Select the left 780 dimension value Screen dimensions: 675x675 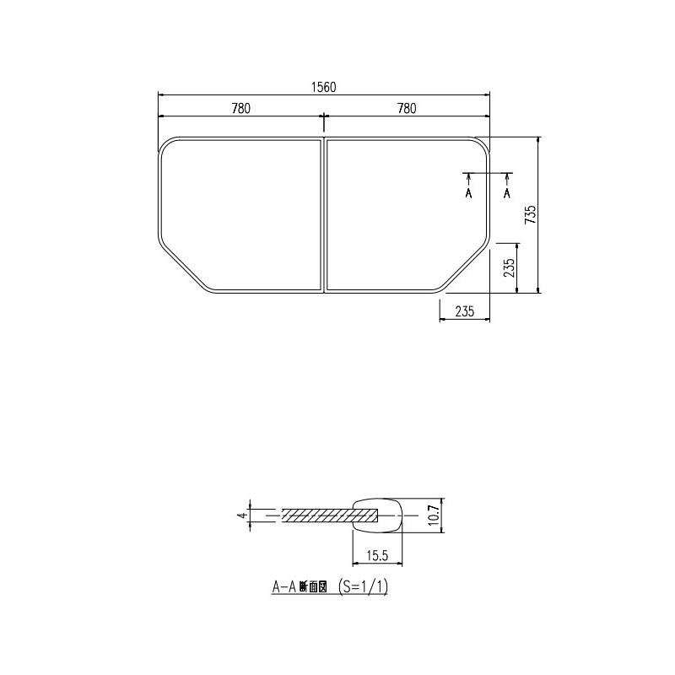pos(240,108)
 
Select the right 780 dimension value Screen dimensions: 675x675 pos(407,108)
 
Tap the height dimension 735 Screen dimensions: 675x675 pos(530,214)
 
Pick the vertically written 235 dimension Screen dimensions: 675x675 pos(509,268)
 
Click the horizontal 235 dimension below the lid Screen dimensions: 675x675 pos(465,311)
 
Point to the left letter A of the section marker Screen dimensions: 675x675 pos(469,193)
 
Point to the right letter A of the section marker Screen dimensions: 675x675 pos(507,193)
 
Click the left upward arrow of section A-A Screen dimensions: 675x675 pos(469,178)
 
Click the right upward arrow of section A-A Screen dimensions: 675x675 pos(507,178)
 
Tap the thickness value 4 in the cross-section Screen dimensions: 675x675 pos(241,514)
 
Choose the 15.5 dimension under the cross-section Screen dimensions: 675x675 pos(377,555)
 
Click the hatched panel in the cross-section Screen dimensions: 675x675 pos(316,514)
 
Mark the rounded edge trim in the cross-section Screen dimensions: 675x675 pos(378,512)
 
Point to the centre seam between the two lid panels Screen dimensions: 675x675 pos(323,214)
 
